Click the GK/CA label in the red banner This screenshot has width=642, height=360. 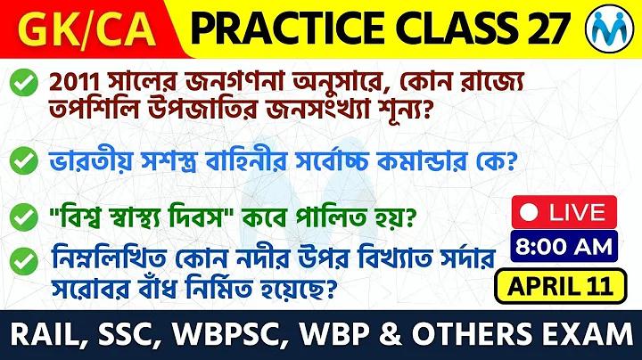(x=86, y=29)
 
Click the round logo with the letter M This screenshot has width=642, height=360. (x=610, y=28)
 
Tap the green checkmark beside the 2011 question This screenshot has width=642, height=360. (x=24, y=82)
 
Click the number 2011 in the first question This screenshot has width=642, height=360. (x=74, y=84)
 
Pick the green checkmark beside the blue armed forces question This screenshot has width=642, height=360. (x=24, y=160)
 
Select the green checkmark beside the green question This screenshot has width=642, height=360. (x=24, y=217)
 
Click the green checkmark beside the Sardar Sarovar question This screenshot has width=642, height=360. (x=24, y=261)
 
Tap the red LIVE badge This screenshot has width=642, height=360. (x=564, y=212)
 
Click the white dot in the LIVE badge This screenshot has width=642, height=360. (x=529, y=212)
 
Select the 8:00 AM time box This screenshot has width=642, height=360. (x=564, y=246)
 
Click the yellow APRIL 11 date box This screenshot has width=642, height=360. (x=561, y=286)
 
